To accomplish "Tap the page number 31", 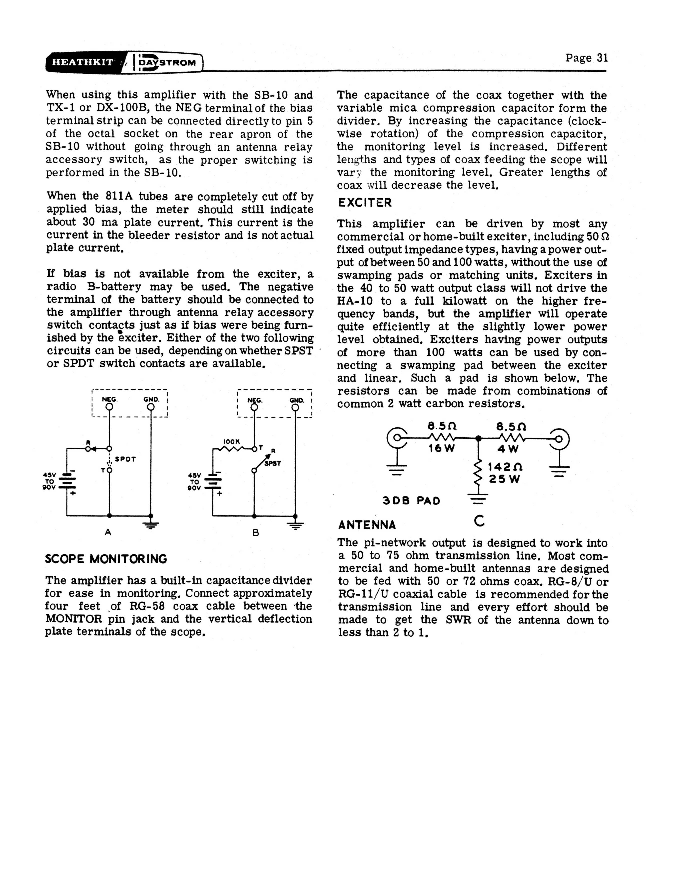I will coord(586,58).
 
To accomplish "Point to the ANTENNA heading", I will coord(367,525).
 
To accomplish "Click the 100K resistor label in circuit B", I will coord(232,441).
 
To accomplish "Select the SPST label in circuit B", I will coord(273,464).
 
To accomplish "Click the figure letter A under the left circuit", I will coord(108,532).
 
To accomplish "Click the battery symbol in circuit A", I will coord(66,482).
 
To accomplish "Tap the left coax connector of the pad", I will coord(397,438).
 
